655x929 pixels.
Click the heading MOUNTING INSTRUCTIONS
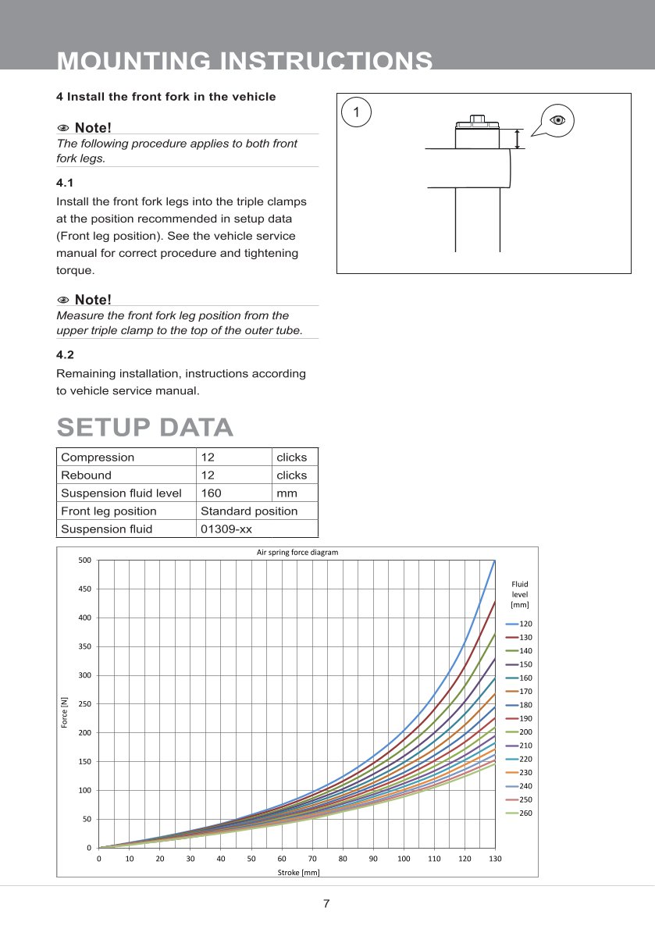coord(245,62)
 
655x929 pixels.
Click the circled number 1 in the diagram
coord(356,112)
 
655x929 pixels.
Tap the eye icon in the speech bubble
coord(557,119)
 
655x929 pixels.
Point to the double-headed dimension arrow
coord(517,139)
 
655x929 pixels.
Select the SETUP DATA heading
coord(145,427)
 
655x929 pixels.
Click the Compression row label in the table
coord(98,457)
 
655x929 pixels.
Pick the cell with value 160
coord(211,493)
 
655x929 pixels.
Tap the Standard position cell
coord(249,511)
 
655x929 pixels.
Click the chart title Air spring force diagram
coord(297,553)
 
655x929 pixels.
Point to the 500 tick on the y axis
coord(84,561)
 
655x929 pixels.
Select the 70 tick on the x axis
coord(312,859)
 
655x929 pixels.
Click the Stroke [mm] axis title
coord(298,873)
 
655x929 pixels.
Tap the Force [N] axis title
coord(65,714)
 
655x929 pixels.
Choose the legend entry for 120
coord(519,625)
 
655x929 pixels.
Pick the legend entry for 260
coord(519,813)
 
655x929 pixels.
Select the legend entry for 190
coord(519,719)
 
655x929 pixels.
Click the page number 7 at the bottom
coord(326,904)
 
